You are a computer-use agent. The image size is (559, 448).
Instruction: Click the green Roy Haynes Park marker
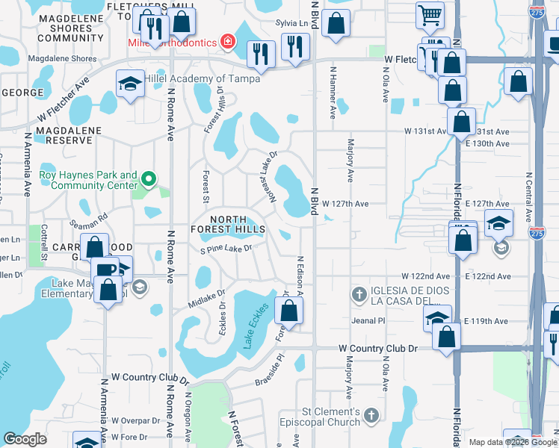tap(149, 179)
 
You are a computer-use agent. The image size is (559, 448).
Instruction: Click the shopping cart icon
tap(430, 15)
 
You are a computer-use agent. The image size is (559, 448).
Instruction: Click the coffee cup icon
tap(104, 268)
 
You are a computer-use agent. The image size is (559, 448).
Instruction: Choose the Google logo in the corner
tap(25, 439)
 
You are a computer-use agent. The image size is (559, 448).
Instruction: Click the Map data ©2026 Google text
tap(512, 442)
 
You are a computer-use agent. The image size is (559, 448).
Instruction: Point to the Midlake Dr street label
tap(206, 297)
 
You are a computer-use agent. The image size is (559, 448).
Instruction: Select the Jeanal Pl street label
tap(368, 320)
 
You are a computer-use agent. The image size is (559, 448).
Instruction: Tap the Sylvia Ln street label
tap(291, 24)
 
